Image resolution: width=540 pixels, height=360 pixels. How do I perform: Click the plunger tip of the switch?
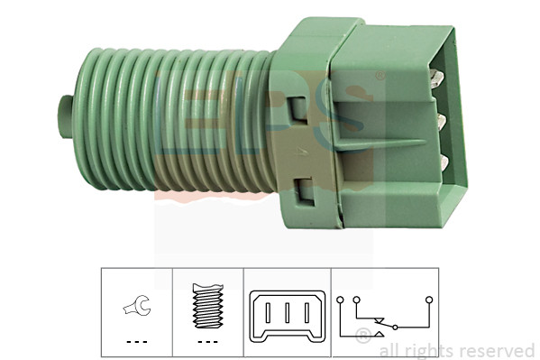pyautogui.click(x=66, y=116)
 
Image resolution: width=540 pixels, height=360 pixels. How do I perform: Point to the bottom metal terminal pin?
pyautogui.click(x=444, y=163)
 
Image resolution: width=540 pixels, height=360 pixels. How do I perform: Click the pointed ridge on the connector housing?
pyautogui.click(x=380, y=143)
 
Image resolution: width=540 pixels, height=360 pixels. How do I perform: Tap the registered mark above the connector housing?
pyautogui.click(x=380, y=76)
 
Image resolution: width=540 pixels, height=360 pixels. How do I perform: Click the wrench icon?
pyautogui.click(x=137, y=306)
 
